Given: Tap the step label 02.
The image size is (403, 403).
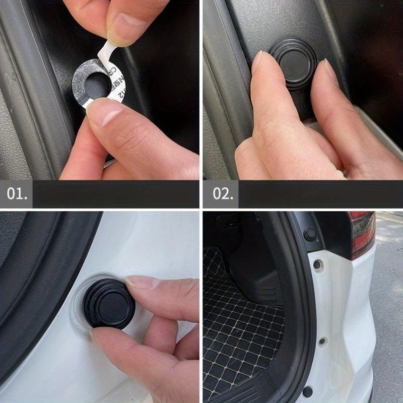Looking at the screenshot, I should click(222, 194).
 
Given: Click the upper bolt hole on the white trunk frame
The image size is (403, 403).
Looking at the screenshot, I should click(317, 264).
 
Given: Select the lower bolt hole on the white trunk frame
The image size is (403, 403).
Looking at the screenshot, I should click(322, 341).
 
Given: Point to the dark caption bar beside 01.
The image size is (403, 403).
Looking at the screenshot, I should click(116, 194).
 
